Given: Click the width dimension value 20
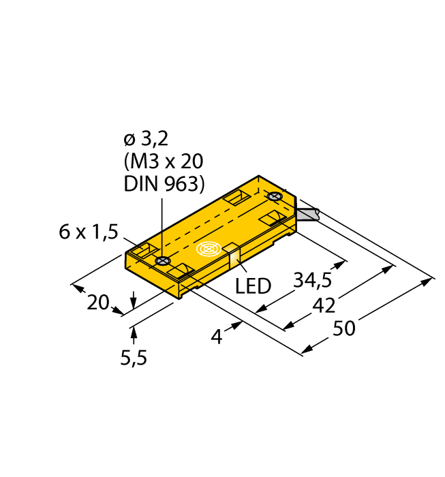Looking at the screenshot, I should (99, 302).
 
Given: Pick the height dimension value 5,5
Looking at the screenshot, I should (134, 357).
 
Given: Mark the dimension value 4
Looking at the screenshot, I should (217, 336).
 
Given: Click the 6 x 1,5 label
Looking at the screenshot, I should (89, 232).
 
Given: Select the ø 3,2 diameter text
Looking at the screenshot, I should (145, 140).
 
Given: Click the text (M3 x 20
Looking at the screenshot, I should (164, 161).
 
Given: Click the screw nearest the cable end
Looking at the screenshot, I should (275, 197).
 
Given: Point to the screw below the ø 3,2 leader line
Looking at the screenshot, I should (162, 261).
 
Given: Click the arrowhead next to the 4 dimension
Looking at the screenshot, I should (236, 326).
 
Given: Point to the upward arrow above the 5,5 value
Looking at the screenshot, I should (134, 333).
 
